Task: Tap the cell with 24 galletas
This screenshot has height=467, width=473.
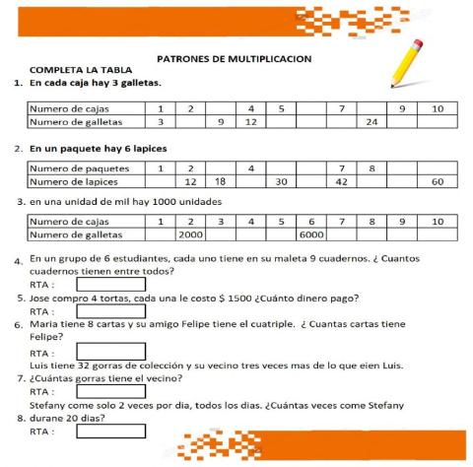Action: tap(372, 122)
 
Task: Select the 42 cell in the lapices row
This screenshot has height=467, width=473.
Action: tap(341, 181)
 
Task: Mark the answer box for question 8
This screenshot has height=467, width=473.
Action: tap(110, 431)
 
